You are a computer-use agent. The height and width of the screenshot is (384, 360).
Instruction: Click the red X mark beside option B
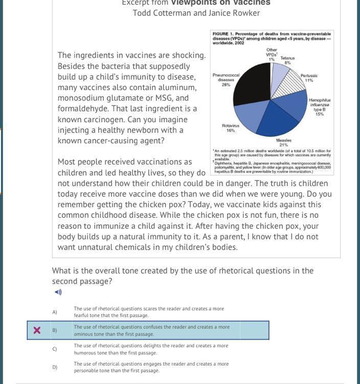point(37,330)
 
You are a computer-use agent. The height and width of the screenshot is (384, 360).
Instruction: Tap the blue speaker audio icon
point(58,292)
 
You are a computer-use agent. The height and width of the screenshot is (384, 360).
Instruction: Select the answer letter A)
point(55,312)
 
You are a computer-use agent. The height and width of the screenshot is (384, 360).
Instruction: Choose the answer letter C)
point(55,349)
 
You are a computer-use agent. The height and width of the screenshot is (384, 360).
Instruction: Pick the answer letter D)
point(55,367)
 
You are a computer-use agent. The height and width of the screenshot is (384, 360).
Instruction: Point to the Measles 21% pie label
point(284,143)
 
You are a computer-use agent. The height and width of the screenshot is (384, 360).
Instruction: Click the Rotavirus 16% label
point(231,128)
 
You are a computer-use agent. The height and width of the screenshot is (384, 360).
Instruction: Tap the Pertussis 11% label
point(309,78)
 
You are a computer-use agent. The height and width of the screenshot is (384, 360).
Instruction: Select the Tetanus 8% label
point(287,60)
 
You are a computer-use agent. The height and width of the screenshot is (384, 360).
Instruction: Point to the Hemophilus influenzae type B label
point(320,107)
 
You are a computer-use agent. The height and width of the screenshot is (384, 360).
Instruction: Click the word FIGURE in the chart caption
point(221,34)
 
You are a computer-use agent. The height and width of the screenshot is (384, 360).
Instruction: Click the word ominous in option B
point(86,334)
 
